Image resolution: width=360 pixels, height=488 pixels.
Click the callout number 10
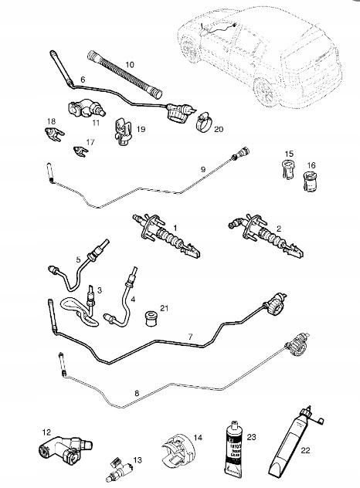[x=130, y=64]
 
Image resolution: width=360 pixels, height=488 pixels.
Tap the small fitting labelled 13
[x=120, y=468]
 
